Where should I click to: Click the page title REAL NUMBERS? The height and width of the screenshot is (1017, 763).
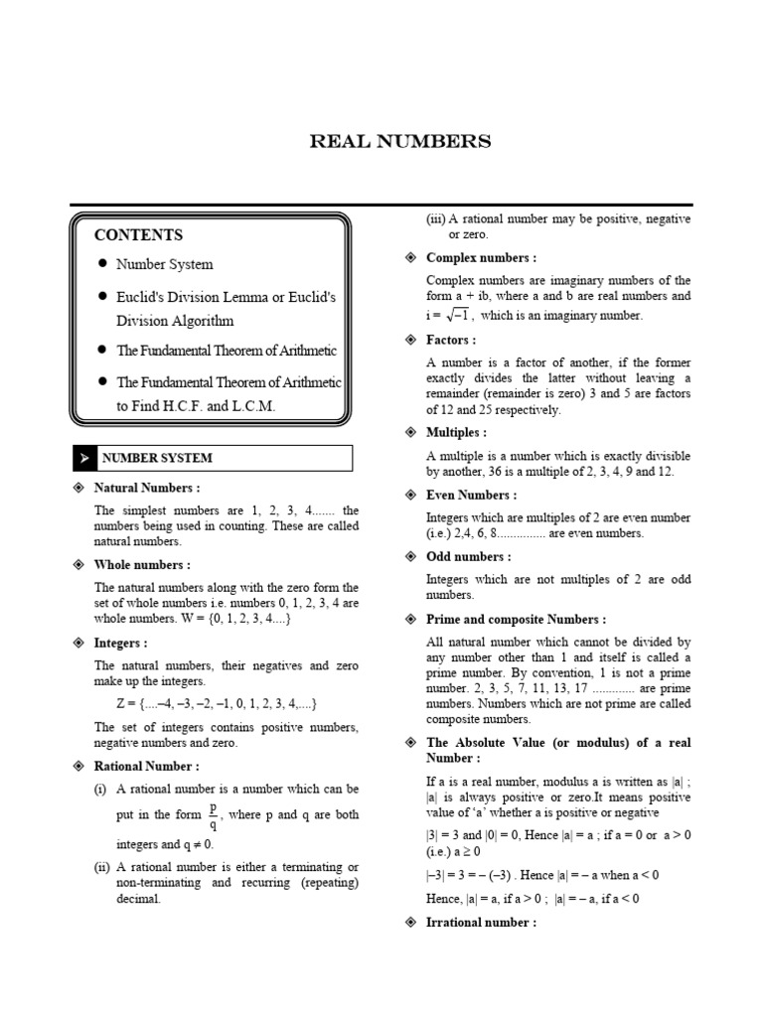(400, 142)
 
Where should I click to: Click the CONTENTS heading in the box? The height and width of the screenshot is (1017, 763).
(138, 235)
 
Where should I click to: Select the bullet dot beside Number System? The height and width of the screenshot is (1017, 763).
(102, 264)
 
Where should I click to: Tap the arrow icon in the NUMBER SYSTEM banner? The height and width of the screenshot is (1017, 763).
(85, 458)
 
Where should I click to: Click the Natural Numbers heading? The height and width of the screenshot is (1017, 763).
(147, 489)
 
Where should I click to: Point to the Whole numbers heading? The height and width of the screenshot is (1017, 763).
(142, 565)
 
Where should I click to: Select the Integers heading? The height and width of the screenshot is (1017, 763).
(121, 644)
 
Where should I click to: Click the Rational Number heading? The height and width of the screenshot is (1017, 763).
(147, 766)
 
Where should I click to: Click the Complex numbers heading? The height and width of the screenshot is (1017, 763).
(482, 258)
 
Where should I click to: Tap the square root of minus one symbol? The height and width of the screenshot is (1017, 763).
(455, 315)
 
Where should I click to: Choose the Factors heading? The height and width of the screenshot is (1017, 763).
(452, 341)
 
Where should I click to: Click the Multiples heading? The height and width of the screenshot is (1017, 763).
(456, 433)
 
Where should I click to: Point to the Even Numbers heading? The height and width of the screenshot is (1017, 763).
(471, 495)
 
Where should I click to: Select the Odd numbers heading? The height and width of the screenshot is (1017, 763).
(469, 557)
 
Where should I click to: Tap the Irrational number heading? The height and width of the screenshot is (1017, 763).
(481, 923)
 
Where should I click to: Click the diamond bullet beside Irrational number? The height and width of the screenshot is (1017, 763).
(410, 923)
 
